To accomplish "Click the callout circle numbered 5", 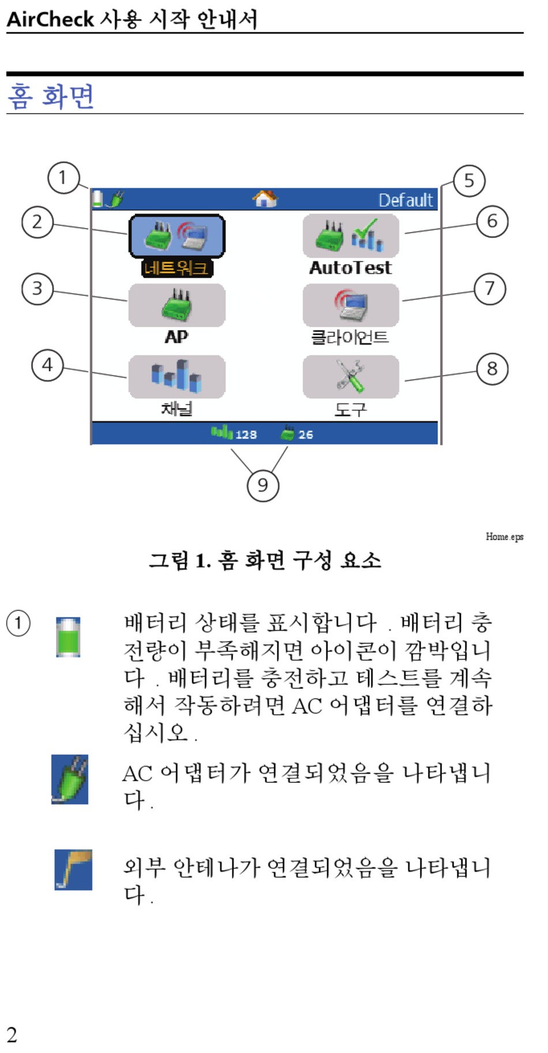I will [x=469, y=181].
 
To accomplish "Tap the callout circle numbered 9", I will [x=262, y=485].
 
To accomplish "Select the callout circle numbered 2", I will [x=37, y=222].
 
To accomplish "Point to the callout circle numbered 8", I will [x=492, y=369].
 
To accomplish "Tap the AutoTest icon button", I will [x=351, y=236].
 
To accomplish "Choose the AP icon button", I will [x=177, y=305].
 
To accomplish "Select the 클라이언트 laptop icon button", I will [x=351, y=305].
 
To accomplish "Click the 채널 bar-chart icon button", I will [x=177, y=377].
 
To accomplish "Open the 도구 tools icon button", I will [x=351, y=377].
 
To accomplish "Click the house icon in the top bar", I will [x=265, y=199].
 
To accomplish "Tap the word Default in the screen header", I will [x=406, y=200].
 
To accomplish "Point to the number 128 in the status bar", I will [x=246, y=434].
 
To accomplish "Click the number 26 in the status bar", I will [x=306, y=434].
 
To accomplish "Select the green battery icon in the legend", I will [x=68, y=637].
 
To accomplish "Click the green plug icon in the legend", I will [x=70, y=779].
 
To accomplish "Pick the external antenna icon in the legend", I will [x=73, y=870].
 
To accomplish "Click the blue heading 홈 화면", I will [x=51, y=96].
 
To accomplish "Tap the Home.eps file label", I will [x=504, y=537].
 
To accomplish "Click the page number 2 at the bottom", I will [x=12, y=1035].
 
